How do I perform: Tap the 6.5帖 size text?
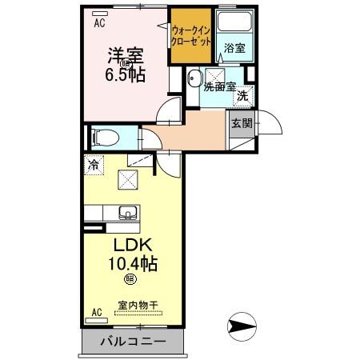(126, 75)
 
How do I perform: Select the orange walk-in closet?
(190, 38)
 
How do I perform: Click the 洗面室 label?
(218, 86)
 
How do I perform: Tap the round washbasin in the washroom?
(194, 78)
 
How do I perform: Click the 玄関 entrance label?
(242, 123)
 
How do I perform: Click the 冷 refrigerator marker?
(94, 166)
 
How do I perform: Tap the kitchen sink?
(127, 213)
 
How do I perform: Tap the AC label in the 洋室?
(100, 23)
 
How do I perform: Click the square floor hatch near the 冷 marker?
(128, 180)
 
